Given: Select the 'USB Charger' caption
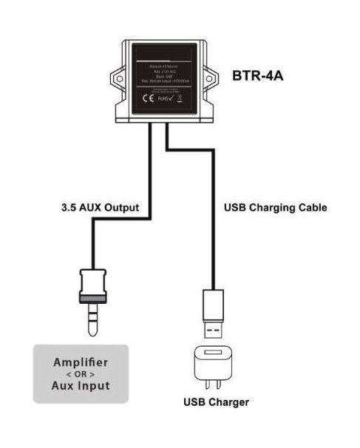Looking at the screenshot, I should pos(216,403).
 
